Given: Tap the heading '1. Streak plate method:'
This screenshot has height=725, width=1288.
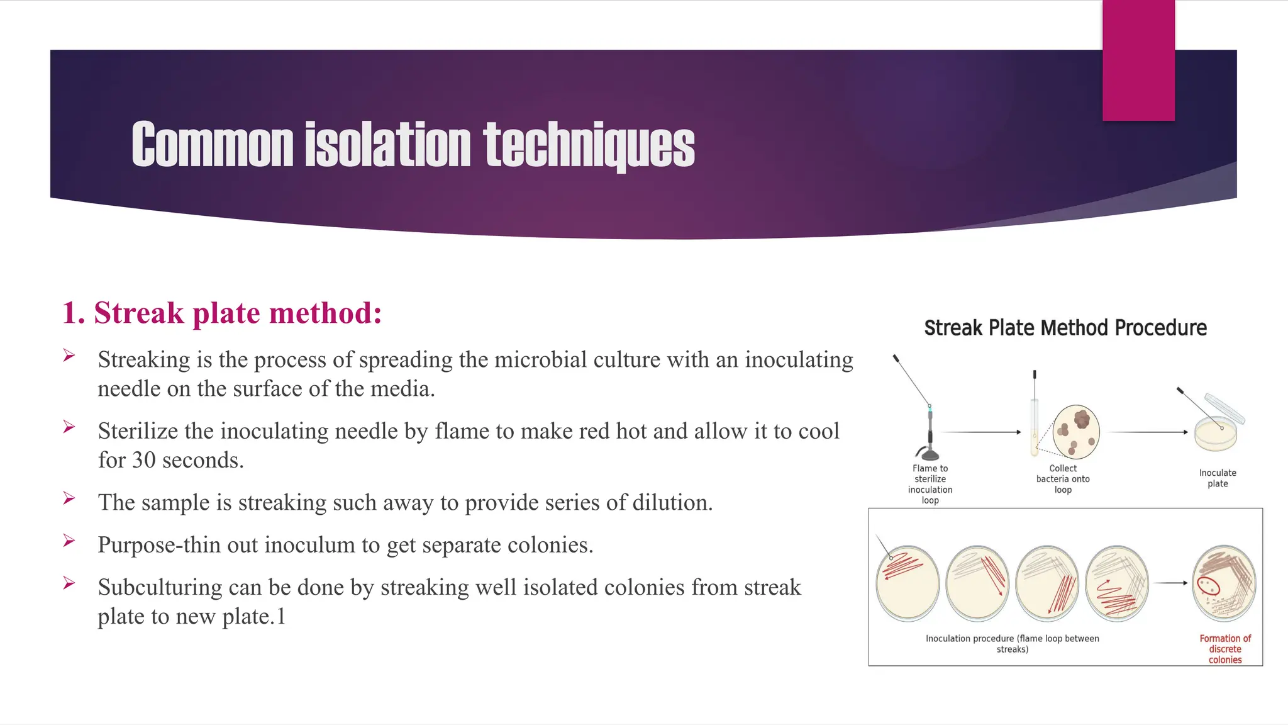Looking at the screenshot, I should (222, 313).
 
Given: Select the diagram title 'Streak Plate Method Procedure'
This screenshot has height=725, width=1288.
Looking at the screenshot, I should (1065, 328).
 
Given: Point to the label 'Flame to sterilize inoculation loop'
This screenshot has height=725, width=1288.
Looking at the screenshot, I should (930, 484).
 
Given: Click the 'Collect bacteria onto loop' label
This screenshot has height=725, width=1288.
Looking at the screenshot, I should (1063, 479).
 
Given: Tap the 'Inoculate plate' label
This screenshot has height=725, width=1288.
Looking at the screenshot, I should (1218, 478).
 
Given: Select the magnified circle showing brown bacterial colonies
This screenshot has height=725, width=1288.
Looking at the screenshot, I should (1076, 432).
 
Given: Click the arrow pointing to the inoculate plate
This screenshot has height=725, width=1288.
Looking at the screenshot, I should (1148, 432).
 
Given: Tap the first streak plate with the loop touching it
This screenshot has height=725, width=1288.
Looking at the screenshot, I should (908, 583).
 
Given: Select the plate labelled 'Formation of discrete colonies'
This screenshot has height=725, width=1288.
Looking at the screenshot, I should (1224, 583).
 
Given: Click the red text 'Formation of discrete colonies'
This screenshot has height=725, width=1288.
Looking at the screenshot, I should (1225, 649).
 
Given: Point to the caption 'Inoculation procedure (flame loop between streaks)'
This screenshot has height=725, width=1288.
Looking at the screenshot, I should (1012, 643).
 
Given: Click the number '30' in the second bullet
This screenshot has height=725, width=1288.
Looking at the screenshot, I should (144, 460).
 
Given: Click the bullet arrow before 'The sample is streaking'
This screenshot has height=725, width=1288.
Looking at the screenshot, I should (69, 499).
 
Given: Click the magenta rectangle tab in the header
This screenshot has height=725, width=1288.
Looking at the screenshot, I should (1138, 60).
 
